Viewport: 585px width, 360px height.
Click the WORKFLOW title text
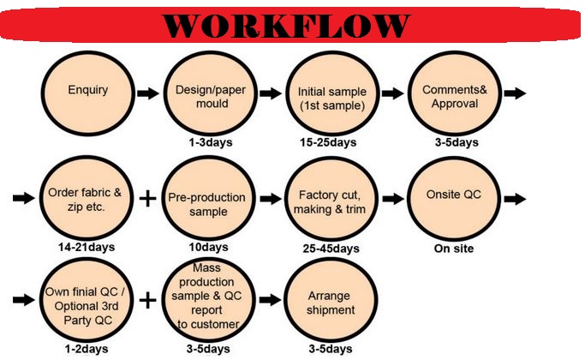tap(286, 26)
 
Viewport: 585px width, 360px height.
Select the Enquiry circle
tap(87, 93)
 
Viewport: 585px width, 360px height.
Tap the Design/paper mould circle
tap(211, 93)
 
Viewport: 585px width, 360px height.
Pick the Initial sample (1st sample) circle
tap(332, 93)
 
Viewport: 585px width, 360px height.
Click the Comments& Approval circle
tap(455, 93)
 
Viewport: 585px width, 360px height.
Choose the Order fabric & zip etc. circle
tap(87, 198)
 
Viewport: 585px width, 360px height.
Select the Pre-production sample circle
tap(208, 198)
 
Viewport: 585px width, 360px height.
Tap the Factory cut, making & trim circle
tap(331, 199)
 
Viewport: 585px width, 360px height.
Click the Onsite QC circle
tap(454, 199)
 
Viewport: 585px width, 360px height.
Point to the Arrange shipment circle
tap(331, 300)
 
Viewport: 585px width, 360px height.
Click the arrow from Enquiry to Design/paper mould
tap(148, 93)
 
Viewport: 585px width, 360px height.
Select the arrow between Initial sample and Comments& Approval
tap(393, 93)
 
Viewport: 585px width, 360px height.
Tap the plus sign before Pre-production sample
tap(147, 198)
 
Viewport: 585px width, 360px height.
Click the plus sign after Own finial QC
tap(147, 300)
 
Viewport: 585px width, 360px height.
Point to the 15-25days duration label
tap(328, 142)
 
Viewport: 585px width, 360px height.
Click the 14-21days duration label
tap(87, 247)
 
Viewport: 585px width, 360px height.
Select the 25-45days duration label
tap(331, 249)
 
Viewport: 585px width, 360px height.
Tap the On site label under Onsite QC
tap(454, 249)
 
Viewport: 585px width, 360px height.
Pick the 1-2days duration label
tap(87, 349)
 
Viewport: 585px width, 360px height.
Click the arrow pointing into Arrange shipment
tap(270, 300)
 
